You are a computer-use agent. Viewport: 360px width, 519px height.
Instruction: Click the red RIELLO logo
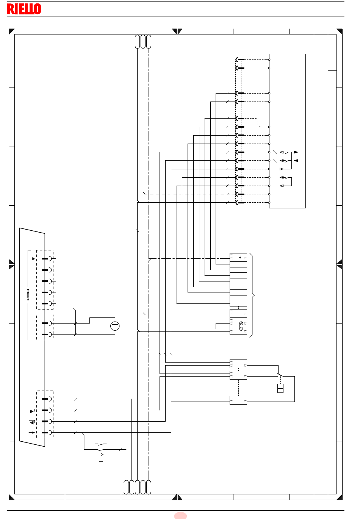click(x=24, y=9)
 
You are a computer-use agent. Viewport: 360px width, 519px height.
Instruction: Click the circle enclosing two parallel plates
click(x=115, y=326)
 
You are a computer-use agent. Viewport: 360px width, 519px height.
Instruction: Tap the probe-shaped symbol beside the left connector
click(x=28, y=294)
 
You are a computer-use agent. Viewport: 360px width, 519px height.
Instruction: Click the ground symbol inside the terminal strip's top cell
click(x=241, y=257)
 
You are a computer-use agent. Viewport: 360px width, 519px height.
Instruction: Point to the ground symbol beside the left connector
click(x=33, y=258)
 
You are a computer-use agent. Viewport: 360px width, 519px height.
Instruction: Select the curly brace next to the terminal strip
click(x=252, y=295)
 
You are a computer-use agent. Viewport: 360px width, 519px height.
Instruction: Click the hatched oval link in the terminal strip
click(x=241, y=326)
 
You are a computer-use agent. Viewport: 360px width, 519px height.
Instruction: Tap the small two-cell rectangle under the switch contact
click(x=280, y=388)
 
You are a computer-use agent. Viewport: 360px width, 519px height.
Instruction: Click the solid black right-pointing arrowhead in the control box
click(x=296, y=152)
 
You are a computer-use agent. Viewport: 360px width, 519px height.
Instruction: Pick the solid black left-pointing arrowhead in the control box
click(x=296, y=161)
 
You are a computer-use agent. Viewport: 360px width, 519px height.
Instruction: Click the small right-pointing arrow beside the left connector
click(x=32, y=432)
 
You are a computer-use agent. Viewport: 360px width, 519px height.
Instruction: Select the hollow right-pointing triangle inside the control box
click(x=282, y=169)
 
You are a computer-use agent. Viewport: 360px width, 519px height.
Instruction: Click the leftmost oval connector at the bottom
click(x=126, y=487)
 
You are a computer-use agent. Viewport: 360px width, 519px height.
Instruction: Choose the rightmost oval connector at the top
click(x=149, y=42)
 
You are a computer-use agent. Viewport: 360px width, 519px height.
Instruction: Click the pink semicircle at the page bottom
click(x=180, y=516)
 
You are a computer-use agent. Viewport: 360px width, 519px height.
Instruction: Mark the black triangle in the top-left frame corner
click(x=11, y=31)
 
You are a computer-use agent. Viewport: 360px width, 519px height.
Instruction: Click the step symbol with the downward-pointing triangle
click(x=32, y=410)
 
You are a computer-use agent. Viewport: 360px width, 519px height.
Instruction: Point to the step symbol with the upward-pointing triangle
click(x=32, y=421)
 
